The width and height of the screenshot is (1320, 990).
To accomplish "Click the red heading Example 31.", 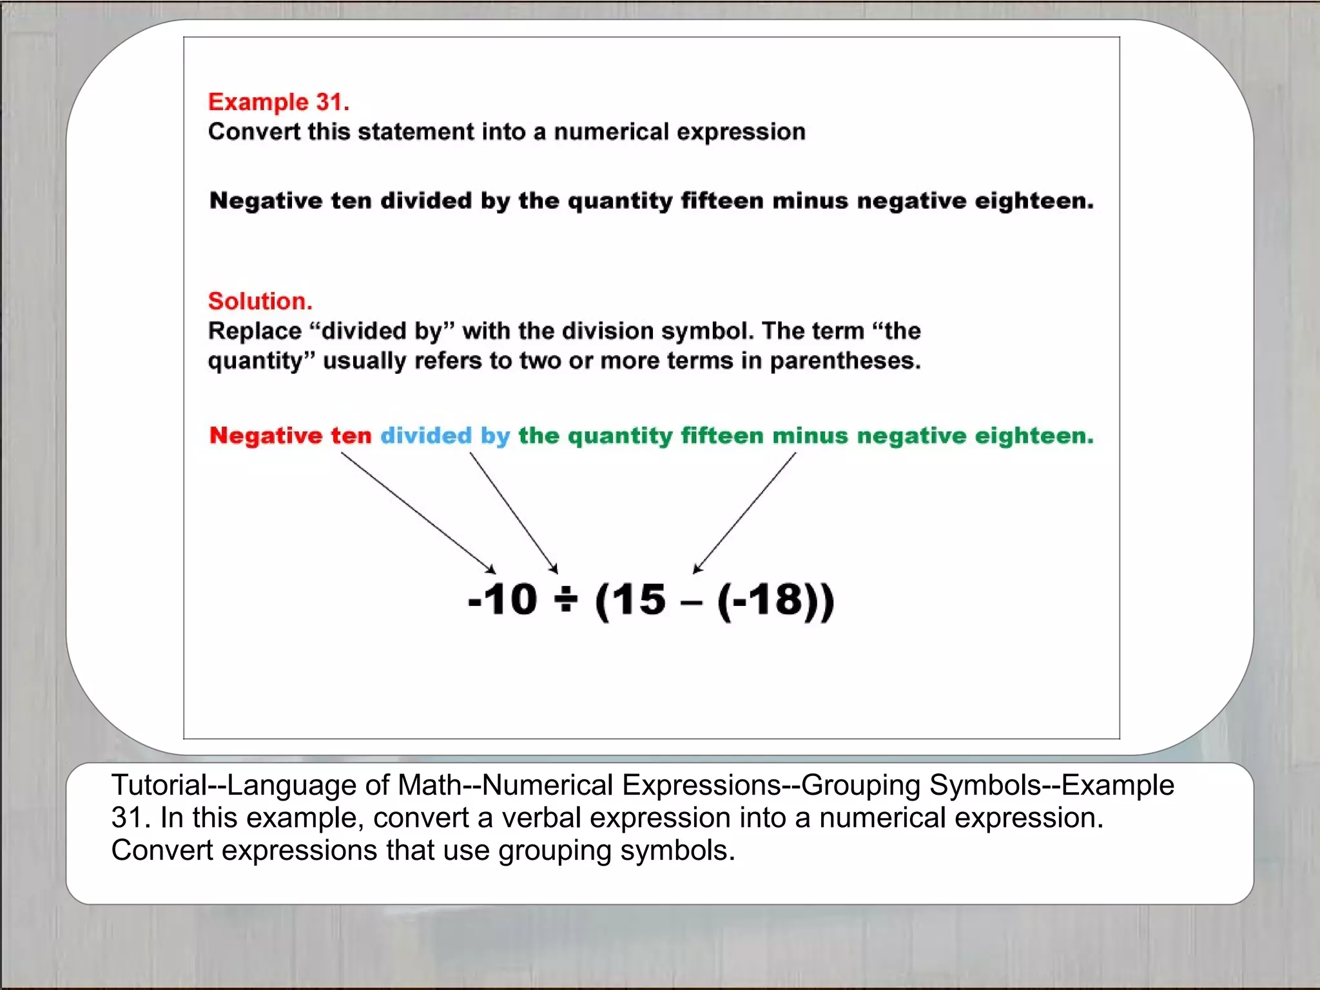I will (x=278, y=102).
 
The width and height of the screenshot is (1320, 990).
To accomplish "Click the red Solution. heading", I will (x=260, y=301).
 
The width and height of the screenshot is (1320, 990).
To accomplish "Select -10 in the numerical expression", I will (x=502, y=599).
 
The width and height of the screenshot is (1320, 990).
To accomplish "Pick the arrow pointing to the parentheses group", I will (x=744, y=512).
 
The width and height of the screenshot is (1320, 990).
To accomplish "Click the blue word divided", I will (x=426, y=436).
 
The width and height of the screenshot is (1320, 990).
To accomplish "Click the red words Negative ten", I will (x=290, y=436).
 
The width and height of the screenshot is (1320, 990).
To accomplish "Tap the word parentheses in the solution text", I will (x=845, y=361).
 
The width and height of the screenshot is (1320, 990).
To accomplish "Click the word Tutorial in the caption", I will (x=159, y=785).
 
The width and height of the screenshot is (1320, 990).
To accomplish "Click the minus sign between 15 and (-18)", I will (x=690, y=605).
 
